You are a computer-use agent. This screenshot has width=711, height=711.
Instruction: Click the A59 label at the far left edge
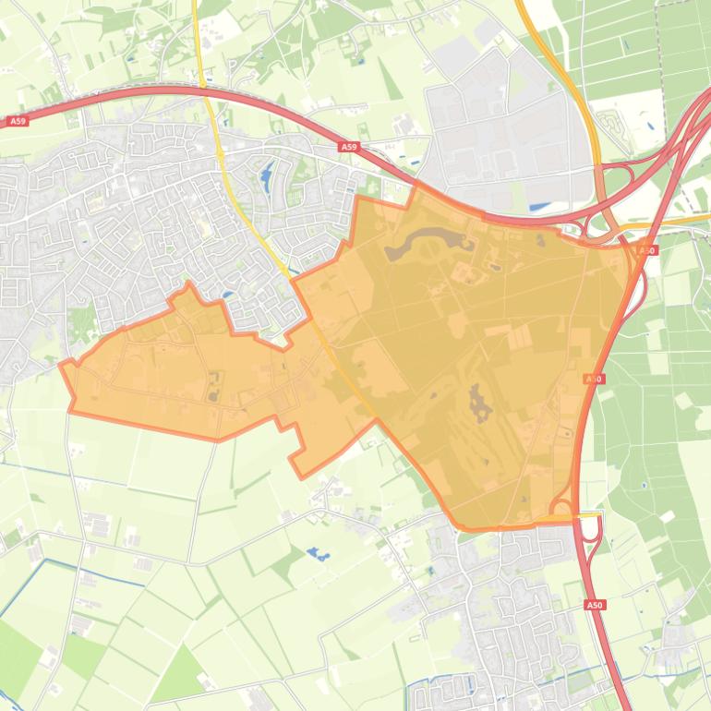(17, 121)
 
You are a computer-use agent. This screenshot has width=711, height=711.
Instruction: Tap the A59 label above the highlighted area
(347, 147)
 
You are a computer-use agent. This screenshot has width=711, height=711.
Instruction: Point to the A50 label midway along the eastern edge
(595, 379)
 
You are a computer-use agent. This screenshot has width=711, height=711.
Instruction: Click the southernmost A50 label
(595, 605)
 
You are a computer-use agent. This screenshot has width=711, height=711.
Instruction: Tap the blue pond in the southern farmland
(319, 555)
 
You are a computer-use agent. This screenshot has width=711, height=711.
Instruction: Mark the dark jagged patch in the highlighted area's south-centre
(479, 404)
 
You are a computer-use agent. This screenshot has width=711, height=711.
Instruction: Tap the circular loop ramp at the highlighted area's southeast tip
(560, 507)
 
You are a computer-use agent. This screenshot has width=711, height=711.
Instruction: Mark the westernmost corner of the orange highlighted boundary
(61, 365)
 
